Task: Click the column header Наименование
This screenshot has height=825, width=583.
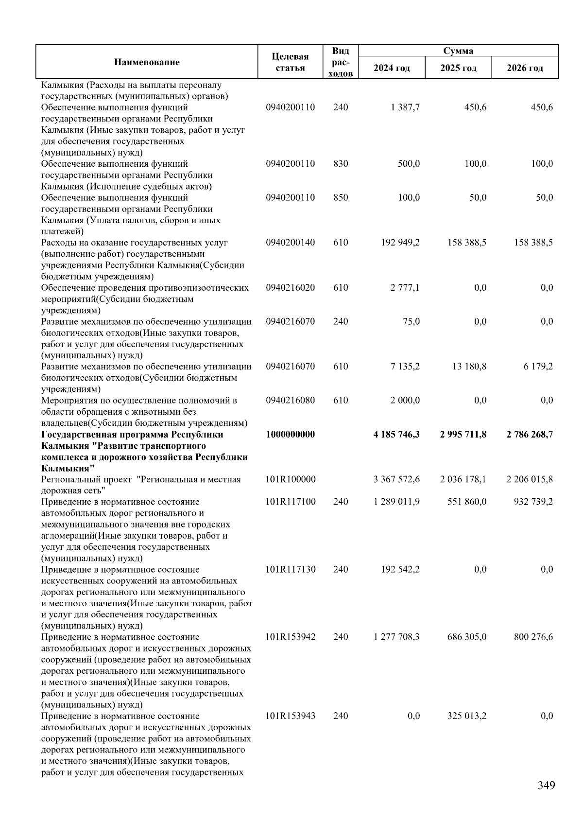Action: click(147, 62)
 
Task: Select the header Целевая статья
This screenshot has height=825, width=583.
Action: click(290, 62)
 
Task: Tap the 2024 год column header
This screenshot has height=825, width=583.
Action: click(392, 68)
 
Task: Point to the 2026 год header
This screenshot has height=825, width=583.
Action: click(525, 68)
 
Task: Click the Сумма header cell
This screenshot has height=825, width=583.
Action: click(458, 51)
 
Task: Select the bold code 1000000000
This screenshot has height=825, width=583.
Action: click(290, 434)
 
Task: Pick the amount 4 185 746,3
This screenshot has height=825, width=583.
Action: click(396, 434)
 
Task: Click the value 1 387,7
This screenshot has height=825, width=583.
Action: click(405, 107)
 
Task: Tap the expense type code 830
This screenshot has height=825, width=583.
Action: click(341, 163)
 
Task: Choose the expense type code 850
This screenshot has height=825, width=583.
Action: click(341, 197)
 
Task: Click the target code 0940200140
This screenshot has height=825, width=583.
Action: click(290, 242)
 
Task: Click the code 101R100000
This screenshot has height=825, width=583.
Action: click(291, 479)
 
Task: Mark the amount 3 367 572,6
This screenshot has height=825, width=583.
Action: click(396, 479)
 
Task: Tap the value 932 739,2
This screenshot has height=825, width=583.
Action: click(533, 502)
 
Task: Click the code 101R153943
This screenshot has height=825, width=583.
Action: click(291, 716)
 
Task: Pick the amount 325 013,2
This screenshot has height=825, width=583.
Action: click(467, 716)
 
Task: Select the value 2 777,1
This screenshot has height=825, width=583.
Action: click(405, 287)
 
